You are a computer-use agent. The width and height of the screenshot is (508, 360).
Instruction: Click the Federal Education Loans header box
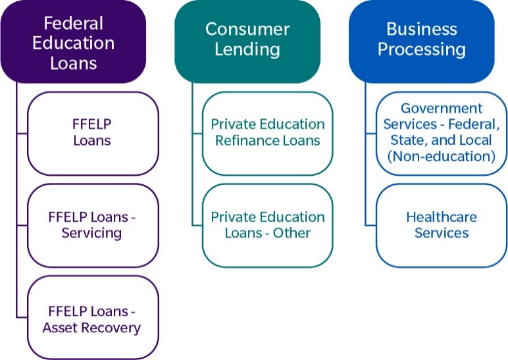73,41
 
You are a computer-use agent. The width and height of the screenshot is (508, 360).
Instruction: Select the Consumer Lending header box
247,39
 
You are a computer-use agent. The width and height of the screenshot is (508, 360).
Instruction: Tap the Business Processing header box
421,39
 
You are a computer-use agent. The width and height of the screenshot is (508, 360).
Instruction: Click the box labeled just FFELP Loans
92,132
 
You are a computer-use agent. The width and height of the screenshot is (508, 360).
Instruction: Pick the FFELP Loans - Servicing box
92,224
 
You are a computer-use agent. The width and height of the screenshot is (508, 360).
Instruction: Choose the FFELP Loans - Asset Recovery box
92,318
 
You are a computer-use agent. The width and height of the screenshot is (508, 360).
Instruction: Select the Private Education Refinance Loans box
267,132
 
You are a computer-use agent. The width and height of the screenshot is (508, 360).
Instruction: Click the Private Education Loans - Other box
267,224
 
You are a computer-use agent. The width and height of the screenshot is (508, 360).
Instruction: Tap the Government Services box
442,132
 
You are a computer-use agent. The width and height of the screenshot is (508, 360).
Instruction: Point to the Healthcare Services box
442,224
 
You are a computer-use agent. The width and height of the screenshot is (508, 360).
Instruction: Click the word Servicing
91,233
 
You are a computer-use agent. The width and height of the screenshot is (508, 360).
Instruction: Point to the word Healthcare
442,217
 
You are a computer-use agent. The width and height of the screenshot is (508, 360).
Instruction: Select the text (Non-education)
442,156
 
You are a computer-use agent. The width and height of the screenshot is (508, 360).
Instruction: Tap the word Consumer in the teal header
247,30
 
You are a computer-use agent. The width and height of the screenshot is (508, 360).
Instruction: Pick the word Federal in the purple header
74,23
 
